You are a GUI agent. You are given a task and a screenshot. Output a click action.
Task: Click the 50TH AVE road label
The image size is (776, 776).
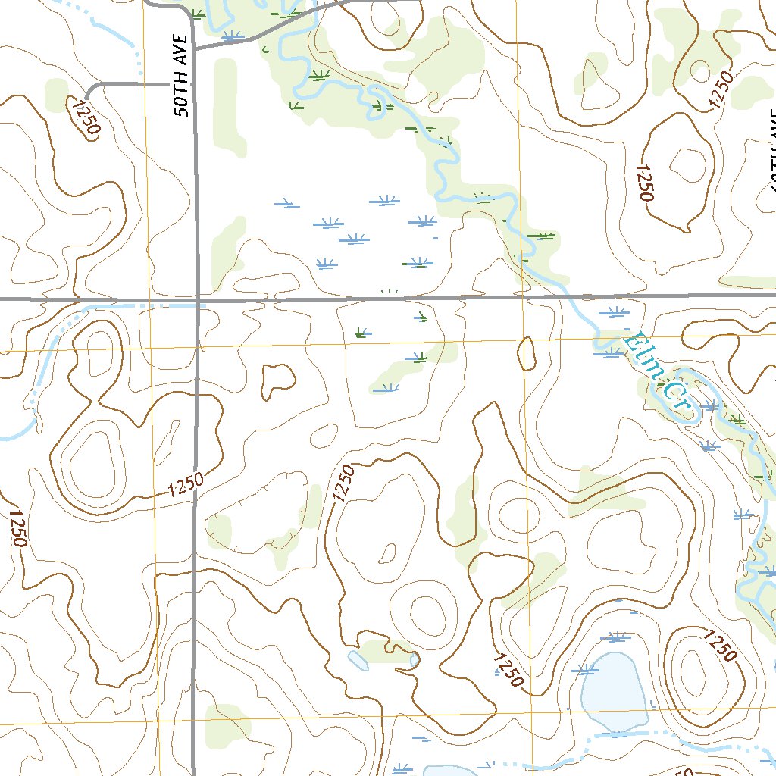(181, 75)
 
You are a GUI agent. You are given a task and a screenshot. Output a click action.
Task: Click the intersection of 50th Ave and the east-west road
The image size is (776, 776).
(196, 300)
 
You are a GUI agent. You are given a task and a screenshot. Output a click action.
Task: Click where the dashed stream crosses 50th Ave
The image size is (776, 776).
(196, 305)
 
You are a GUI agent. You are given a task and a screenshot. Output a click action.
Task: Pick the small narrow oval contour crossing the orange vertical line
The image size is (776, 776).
(527, 354)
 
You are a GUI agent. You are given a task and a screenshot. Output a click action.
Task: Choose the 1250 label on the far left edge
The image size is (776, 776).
(17, 527)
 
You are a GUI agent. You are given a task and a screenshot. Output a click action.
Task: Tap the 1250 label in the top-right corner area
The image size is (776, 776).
(723, 91)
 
